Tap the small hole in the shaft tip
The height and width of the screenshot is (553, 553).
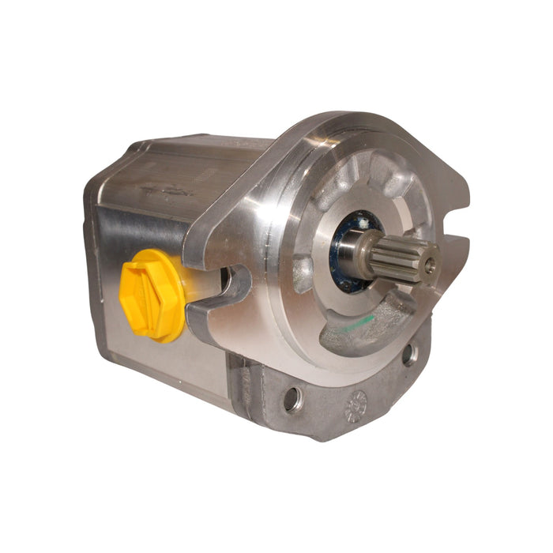click(x=429, y=266)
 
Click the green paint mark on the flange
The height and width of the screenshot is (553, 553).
click(x=363, y=324)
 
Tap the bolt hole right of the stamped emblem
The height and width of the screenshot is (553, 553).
click(x=408, y=355)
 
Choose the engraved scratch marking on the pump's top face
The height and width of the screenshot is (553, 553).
click(x=170, y=190)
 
